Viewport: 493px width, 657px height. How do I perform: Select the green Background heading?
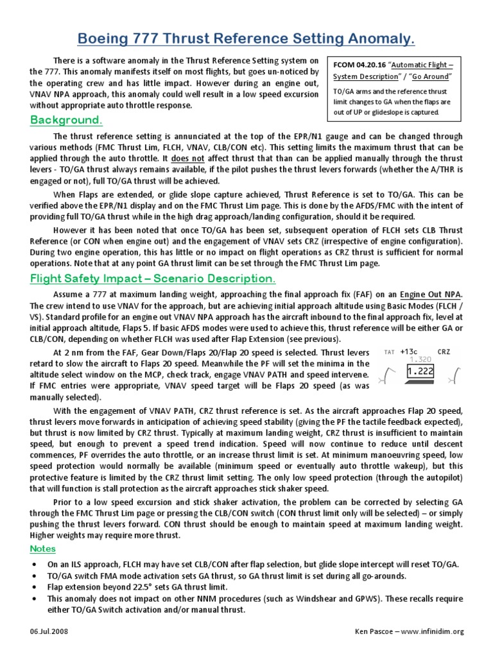[x=66, y=121]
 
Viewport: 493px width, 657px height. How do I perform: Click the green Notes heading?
[x=43, y=549]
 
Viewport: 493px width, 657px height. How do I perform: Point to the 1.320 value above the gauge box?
[x=420, y=360]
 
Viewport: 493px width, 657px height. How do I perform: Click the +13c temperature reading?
[x=409, y=352]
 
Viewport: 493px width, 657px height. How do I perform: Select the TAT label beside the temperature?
[x=389, y=352]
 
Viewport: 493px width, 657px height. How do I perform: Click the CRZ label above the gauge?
[x=444, y=352]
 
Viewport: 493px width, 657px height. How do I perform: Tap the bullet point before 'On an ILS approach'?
[x=33, y=563]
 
